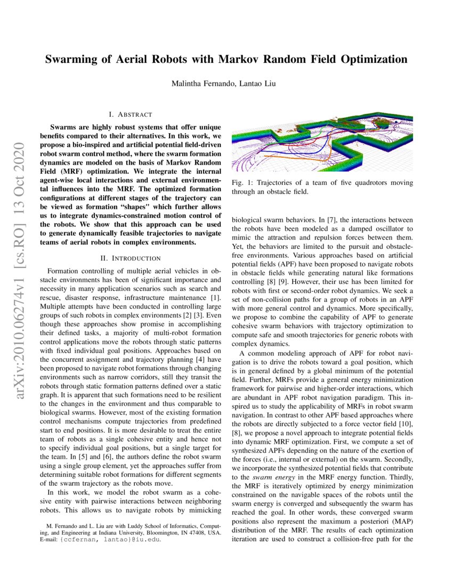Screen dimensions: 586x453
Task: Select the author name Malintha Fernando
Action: (199, 83)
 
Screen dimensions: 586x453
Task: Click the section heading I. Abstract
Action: (130, 115)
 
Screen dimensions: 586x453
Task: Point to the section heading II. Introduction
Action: (130, 258)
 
